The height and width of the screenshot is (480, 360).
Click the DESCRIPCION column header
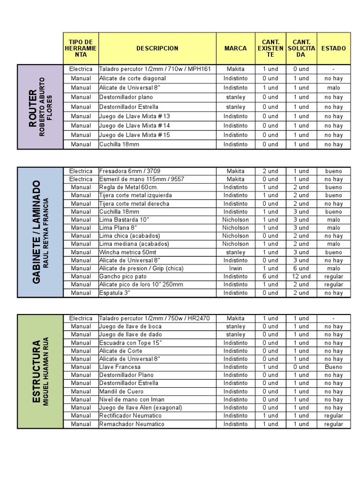[157, 48]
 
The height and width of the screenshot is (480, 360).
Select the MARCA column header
[235, 48]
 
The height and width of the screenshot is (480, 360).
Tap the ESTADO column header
[333, 48]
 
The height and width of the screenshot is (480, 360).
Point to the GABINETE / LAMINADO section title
[36, 232]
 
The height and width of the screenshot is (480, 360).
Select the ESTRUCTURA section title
[36, 372]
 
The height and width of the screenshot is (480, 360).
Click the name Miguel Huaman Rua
[46, 372]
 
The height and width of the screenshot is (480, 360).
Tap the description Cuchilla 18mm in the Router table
[119, 144]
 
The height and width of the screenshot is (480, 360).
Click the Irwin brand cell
[235, 269]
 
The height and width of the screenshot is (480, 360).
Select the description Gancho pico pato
[123, 277]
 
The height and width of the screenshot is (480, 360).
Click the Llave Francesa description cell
[120, 367]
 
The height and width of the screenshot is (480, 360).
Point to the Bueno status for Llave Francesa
[333, 367]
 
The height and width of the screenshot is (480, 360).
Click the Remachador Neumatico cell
[131, 424]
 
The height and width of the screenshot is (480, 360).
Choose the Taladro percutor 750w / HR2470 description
[154, 318]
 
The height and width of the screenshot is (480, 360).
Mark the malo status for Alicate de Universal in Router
[333, 88]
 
